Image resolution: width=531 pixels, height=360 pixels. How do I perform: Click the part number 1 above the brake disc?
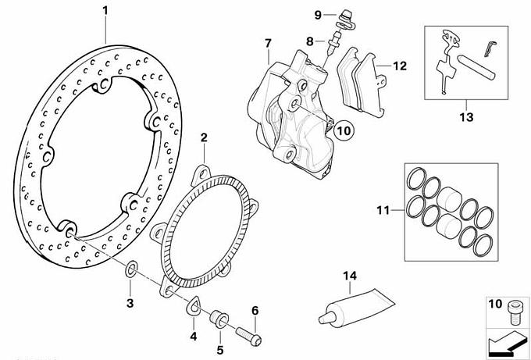click(x=106, y=11)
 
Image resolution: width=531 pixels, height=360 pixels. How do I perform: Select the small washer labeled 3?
click(x=132, y=270)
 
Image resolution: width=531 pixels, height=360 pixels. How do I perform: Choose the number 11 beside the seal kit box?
click(x=382, y=209)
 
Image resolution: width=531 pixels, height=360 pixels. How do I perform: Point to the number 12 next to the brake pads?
click(x=400, y=66)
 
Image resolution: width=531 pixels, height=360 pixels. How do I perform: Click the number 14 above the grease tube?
click(x=348, y=275)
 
